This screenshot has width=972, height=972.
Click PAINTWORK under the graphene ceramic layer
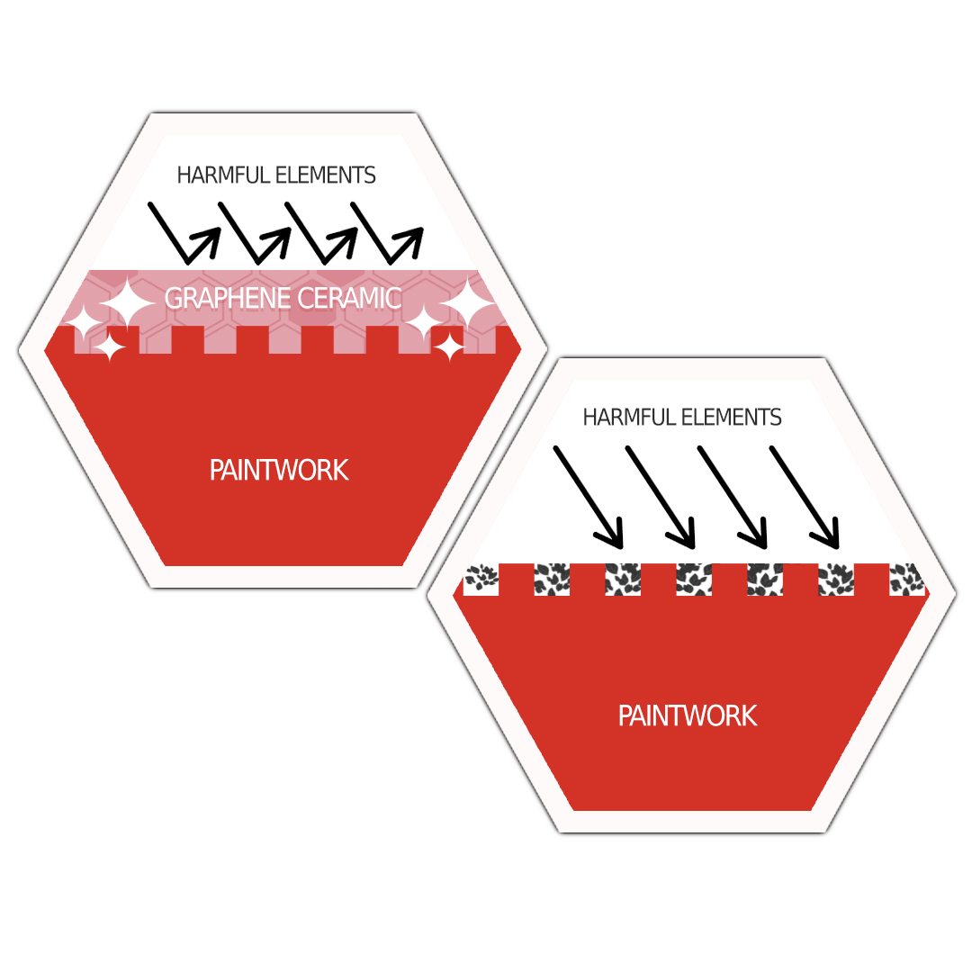click(279, 470)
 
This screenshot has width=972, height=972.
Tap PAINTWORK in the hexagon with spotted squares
click(688, 715)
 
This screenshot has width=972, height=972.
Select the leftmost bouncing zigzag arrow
click(184, 232)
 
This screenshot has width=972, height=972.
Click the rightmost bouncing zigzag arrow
click(386, 232)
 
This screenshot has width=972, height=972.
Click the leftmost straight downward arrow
click(588, 496)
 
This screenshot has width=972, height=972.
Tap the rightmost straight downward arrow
click(805, 496)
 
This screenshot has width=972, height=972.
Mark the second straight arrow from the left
click(661, 496)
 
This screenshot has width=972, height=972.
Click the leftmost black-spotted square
click(481, 580)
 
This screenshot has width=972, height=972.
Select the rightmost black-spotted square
click(906, 580)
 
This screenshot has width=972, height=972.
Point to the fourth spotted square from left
click(694, 580)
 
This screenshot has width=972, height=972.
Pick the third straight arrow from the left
click(733, 496)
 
